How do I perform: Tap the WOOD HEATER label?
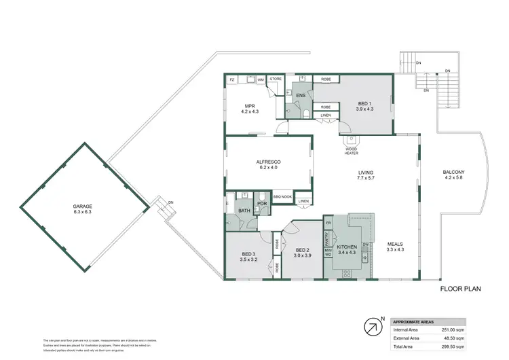(x=352, y=150)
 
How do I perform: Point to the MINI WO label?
(x=328, y=253)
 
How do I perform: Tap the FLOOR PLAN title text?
(x=460, y=289)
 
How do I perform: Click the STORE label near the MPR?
(x=276, y=79)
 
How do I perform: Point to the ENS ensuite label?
(x=301, y=95)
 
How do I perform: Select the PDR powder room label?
(x=261, y=204)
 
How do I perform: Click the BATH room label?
(x=244, y=211)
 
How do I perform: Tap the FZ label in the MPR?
(x=232, y=80)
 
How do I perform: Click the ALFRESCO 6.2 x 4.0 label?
(x=269, y=164)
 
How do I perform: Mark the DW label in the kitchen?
(x=365, y=245)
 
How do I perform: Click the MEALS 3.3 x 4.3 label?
(x=396, y=247)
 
